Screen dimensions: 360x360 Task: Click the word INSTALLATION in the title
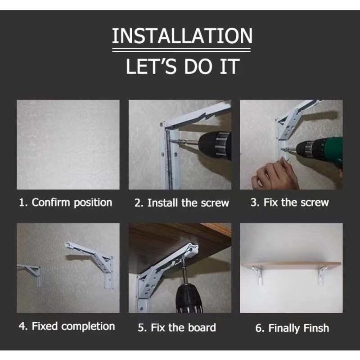[x=182, y=36]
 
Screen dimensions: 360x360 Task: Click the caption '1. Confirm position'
[x=66, y=202]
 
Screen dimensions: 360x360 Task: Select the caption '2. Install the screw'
[x=182, y=203]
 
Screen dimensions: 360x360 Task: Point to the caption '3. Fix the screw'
[x=290, y=202]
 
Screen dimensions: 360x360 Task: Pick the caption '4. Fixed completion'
[x=67, y=326]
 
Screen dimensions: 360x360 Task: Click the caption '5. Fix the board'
[x=177, y=328]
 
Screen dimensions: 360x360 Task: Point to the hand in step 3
[x=273, y=173]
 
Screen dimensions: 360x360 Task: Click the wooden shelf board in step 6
[x=292, y=265]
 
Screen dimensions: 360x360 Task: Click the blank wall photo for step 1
[x=68, y=144]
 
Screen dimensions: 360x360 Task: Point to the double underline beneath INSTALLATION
[x=181, y=50]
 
